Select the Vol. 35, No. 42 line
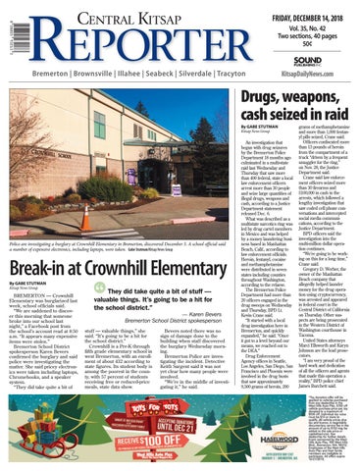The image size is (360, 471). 317,21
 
